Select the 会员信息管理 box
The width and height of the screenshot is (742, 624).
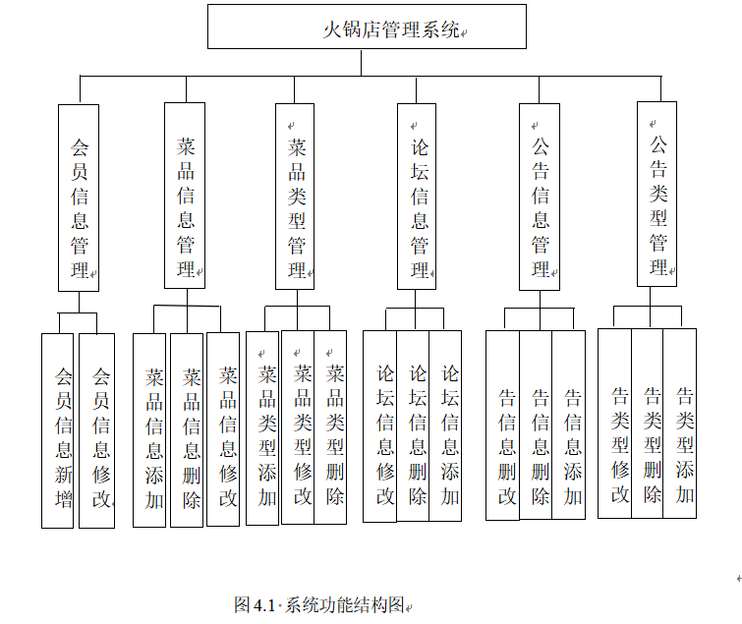[79, 197]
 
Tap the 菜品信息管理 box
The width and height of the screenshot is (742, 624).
[185, 196]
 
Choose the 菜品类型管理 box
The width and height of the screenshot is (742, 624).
[297, 196]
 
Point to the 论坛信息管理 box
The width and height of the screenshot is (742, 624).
[418, 196]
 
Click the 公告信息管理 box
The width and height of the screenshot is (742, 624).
[540, 196]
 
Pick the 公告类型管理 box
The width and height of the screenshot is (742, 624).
[657, 194]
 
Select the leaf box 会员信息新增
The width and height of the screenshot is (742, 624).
[58, 430]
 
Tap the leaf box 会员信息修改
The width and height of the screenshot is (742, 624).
[97, 430]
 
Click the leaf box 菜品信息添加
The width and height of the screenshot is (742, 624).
[150, 429]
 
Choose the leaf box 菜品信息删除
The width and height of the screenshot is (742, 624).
[187, 429]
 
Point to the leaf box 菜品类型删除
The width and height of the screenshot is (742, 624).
[331, 426]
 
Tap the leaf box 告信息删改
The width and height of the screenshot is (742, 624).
[503, 425]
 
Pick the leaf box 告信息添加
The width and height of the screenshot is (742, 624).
[569, 425]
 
